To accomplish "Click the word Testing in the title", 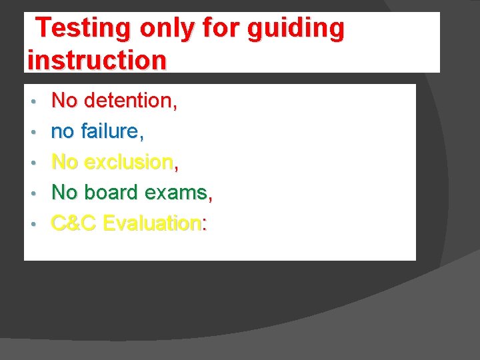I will click(83, 28).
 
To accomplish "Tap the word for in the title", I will click(225, 28).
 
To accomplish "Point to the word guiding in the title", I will click(296, 28).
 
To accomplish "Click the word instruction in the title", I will click(97, 59).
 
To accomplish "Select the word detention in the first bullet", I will click(128, 101).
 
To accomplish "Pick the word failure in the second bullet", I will click(111, 131).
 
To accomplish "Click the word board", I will click(111, 193).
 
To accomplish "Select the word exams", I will click(175, 193).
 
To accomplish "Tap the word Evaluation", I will click(153, 223).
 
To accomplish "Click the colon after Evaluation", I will click(204, 225).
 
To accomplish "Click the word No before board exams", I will click(65, 193).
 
